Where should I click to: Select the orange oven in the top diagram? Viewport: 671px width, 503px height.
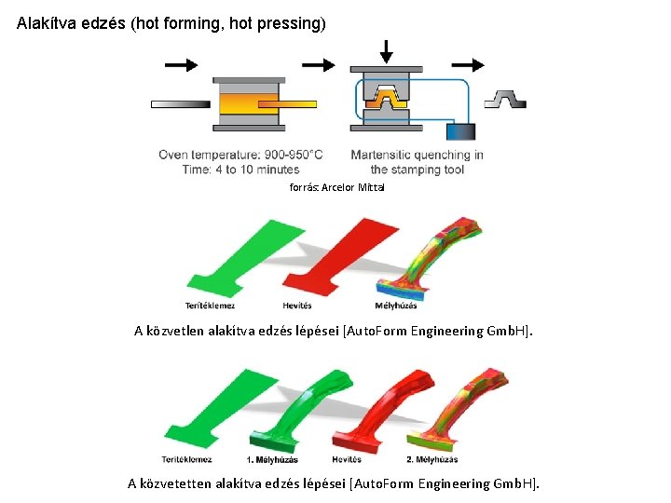[x=247, y=103]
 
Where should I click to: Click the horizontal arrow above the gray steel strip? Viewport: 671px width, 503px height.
[x=181, y=64]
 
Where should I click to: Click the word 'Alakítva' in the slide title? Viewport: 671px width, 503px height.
[x=45, y=23]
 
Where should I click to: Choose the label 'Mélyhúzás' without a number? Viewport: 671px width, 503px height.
[x=396, y=306]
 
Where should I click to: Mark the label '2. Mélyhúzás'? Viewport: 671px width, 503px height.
[x=432, y=459]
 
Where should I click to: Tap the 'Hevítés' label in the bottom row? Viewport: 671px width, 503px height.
[x=348, y=459]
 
